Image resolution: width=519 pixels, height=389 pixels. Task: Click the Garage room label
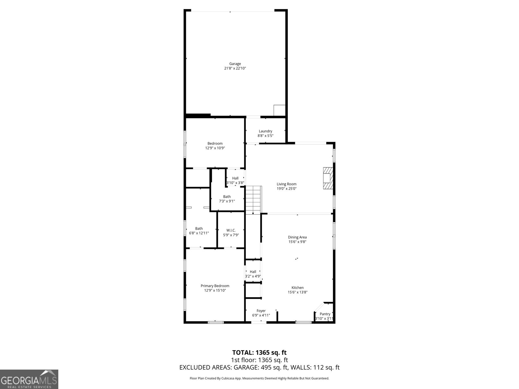click(x=235, y=64)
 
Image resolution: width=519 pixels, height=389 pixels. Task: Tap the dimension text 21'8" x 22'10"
click(x=235, y=68)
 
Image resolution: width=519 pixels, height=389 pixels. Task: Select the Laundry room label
click(x=265, y=131)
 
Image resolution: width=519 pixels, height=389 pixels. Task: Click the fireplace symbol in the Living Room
click(x=328, y=178)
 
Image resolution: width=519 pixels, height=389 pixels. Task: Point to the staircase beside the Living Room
click(x=253, y=199)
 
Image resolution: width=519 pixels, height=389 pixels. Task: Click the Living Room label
click(x=286, y=184)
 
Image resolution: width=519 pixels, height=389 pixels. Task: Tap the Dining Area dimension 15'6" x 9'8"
click(x=297, y=242)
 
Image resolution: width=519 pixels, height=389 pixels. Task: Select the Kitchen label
click(x=297, y=288)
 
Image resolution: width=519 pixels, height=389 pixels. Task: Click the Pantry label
click(x=325, y=314)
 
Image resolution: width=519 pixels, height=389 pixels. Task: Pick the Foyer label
click(x=261, y=311)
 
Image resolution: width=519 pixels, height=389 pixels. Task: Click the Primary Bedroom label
click(x=215, y=286)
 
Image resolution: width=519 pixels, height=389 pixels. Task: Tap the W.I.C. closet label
click(x=231, y=230)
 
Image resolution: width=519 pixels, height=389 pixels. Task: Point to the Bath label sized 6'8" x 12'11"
click(x=199, y=229)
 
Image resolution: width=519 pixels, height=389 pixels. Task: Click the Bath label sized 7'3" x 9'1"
click(x=227, y=196)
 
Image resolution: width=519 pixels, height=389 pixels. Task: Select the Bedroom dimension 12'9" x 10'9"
click(x=215, y=148)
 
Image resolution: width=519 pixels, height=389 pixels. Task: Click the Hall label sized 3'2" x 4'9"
click(x=253, y=272)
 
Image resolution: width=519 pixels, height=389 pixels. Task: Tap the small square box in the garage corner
click(x=279, y=110)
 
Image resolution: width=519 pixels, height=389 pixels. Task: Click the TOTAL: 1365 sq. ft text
click(x=259, y=352)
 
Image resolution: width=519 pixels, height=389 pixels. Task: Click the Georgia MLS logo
click(x=29, y=379)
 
